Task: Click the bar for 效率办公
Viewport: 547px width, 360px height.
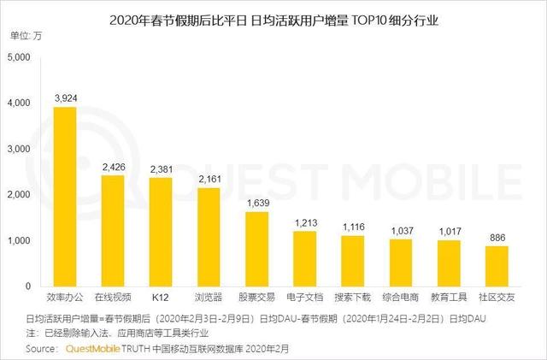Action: point(65,197)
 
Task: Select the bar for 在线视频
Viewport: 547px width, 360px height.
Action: point(113,231)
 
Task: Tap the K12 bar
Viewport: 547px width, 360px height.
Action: point(161,232)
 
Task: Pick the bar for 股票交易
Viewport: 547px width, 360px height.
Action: point(256,249)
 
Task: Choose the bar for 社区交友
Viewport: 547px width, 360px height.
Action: point(497,266)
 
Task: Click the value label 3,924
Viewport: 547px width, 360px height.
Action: point(65,97)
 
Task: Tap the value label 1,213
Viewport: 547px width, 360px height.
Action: point(305,222)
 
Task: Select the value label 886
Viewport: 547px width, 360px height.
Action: point(497,237)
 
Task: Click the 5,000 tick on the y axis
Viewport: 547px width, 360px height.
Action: point(18,57)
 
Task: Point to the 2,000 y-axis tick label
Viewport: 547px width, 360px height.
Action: point(18,195)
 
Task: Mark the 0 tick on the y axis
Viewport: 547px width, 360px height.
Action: point(27,286)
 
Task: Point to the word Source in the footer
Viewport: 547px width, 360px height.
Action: point(42,348)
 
